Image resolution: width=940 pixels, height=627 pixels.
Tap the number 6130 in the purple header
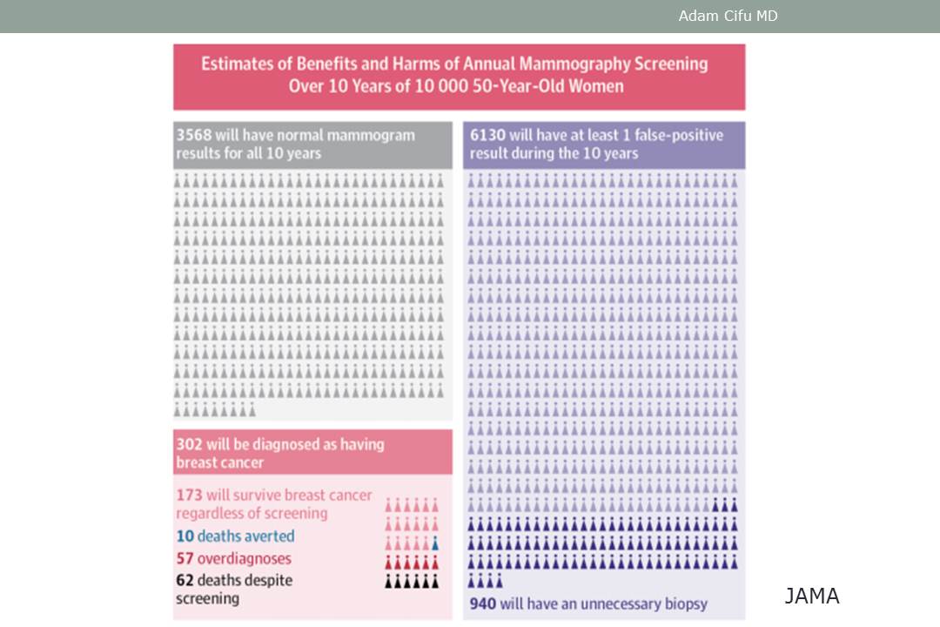point(488,136)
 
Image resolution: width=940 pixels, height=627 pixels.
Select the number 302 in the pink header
point(189,444)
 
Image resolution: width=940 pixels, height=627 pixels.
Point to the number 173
point(189,496)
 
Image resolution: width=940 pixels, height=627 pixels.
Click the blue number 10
point(185,536)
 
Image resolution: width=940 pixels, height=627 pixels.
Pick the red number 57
point(185,558)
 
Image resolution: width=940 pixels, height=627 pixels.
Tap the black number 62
point(185,580)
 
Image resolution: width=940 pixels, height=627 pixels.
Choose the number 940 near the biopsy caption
point(484,603)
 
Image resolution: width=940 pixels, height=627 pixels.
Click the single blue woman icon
point(435,543)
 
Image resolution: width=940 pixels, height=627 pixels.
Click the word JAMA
point(811,597)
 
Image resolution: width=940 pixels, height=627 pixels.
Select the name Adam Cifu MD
point(728,16)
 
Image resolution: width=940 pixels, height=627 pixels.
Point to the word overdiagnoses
point(245,558)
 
